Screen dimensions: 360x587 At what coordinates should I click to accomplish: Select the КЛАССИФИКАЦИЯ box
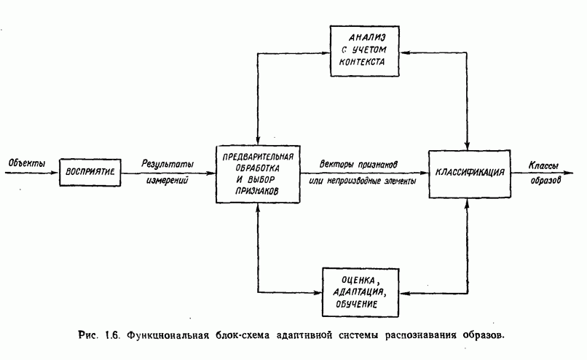[466, 173]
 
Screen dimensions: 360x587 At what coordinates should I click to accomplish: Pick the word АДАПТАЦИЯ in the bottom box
[362, 292]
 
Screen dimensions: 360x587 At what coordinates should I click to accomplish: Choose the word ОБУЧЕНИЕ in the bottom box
[362, 305]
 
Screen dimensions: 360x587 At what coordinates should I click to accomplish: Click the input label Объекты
[25, 163]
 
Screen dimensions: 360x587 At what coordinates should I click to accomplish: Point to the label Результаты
[168, 164]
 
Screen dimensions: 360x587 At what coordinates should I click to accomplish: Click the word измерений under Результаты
[168, 180]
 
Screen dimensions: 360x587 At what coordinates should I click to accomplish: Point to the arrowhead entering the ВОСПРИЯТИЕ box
[55, 172]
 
